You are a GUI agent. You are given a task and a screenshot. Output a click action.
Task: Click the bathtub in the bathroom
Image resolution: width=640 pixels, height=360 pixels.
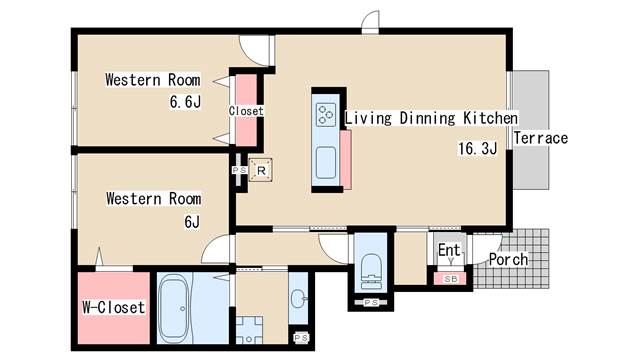click(174, 308)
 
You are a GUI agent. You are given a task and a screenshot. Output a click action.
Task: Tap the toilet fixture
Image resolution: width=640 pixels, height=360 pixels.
click(371, 271)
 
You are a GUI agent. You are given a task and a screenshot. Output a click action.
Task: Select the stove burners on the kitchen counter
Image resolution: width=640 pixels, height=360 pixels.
click(326, 114)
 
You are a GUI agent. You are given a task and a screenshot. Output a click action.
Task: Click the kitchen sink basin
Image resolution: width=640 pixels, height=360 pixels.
click(326, 163)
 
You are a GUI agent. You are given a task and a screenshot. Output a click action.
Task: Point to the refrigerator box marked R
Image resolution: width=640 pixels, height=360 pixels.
click(261, 170)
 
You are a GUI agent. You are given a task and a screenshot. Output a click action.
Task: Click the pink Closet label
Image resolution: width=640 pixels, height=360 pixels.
click(246, 111)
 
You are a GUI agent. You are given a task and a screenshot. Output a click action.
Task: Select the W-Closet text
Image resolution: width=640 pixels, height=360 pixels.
click(113, 307)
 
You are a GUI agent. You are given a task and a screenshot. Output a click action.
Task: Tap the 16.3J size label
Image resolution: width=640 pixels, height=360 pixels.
click(478, 148)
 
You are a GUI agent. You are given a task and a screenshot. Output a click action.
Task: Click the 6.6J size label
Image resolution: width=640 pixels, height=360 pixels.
click(185, 102)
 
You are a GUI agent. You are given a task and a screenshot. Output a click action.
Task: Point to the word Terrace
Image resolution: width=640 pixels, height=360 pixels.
click(540, 138)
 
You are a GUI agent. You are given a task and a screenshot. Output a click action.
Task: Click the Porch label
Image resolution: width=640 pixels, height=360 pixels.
click(508, 259)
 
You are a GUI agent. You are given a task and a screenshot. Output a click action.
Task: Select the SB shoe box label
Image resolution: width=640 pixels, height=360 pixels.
click(451, 279)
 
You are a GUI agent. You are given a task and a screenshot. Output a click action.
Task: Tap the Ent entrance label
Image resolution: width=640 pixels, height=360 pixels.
click(449, 250)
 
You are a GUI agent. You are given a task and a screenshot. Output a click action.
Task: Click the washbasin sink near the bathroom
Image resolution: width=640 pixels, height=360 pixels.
click(298, 299)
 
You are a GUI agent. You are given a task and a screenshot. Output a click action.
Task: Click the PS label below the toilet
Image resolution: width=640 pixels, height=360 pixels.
click(371, 302)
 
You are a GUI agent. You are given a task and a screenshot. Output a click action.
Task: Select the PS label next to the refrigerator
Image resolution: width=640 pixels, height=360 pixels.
click(239, 170)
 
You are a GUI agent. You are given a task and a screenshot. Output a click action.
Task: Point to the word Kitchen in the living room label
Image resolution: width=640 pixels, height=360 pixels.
click(490, 118)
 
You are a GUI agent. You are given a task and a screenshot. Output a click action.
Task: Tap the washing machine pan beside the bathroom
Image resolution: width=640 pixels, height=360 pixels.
click(249, 329)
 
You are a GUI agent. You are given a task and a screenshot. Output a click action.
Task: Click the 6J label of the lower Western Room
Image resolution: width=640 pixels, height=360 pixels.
click(192, 222)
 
